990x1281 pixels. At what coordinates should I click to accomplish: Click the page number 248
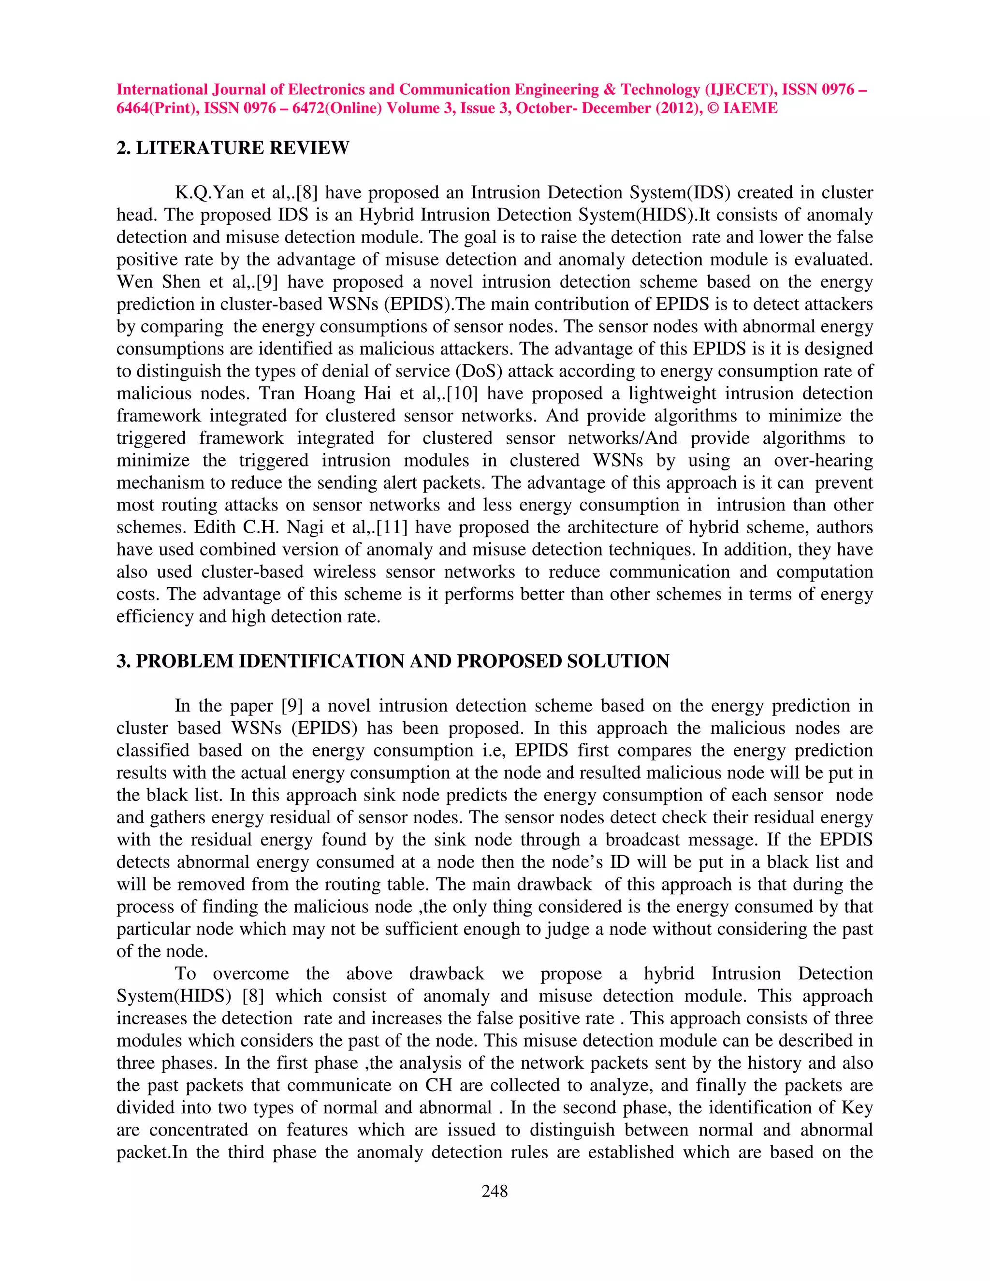pos(495,1191)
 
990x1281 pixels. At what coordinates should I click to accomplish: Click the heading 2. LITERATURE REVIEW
pos(233,148)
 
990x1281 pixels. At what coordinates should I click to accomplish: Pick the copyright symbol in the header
pos(713,108)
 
